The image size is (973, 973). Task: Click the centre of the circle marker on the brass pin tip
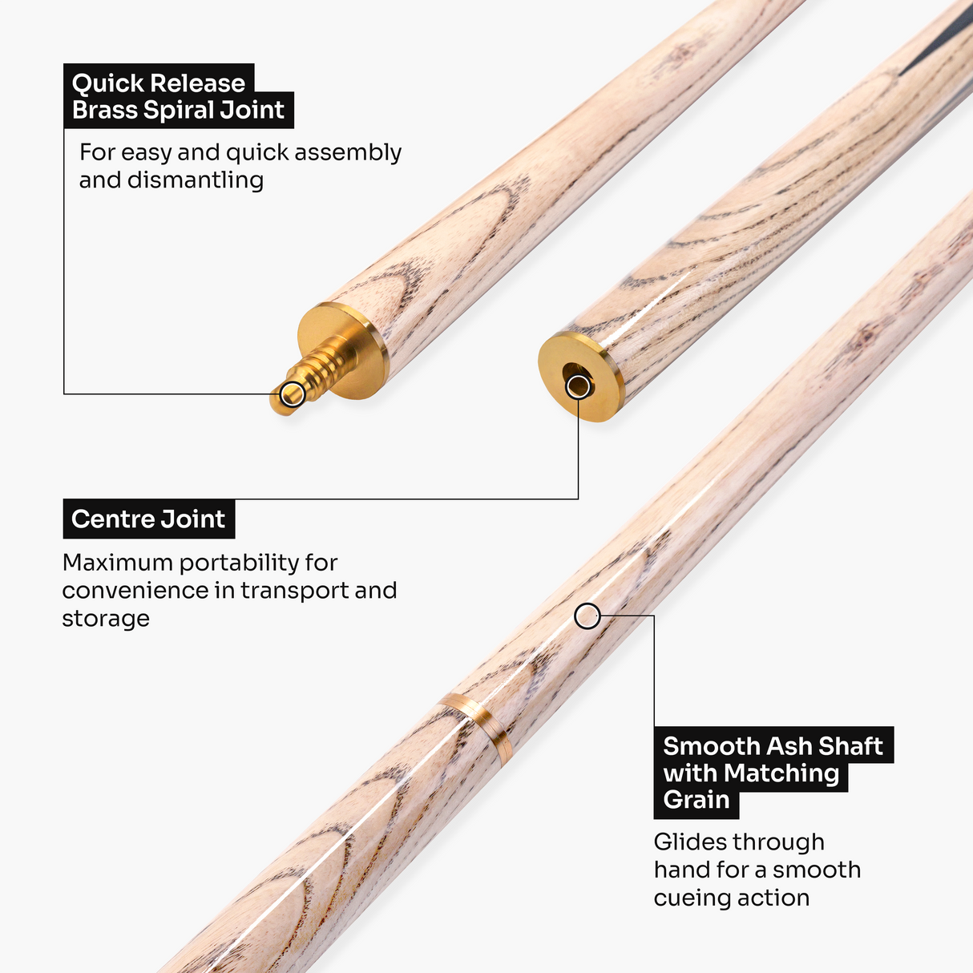(293, 394)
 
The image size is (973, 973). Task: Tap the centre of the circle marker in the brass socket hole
(579, 387)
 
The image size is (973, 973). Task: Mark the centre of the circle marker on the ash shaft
(587, 616)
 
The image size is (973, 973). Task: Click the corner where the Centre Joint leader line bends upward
(578, 499)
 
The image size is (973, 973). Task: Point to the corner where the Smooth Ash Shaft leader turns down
(654, 616)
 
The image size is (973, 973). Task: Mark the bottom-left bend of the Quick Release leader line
(64, 394)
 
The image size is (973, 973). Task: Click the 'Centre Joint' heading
(148, 519)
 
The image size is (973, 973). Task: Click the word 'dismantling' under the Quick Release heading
(196, 180)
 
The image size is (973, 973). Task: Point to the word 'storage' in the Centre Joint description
(106, 619)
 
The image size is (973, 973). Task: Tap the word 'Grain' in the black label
(696, 799)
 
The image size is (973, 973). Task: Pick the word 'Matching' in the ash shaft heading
(781, 773)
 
